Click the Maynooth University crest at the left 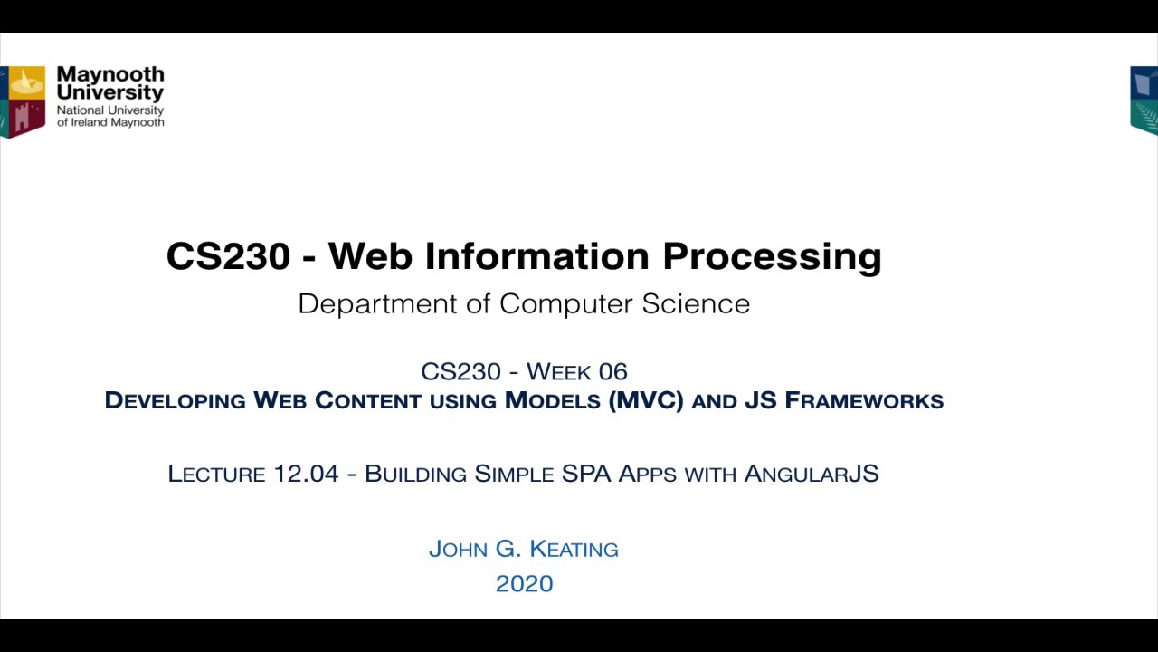(24, 101)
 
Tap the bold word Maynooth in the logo (110, 74)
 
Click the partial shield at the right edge (1144, 100)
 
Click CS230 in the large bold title (229, 256)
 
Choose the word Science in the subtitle (696, 303)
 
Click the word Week (558, 372)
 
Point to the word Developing (175, 400)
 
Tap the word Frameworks (864, 400)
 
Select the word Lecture (216, 474)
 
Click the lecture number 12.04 (306, 474)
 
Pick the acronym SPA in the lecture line (586, 474)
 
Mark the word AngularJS (812, 474)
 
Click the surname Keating (574, 549)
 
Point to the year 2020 (524, 584)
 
